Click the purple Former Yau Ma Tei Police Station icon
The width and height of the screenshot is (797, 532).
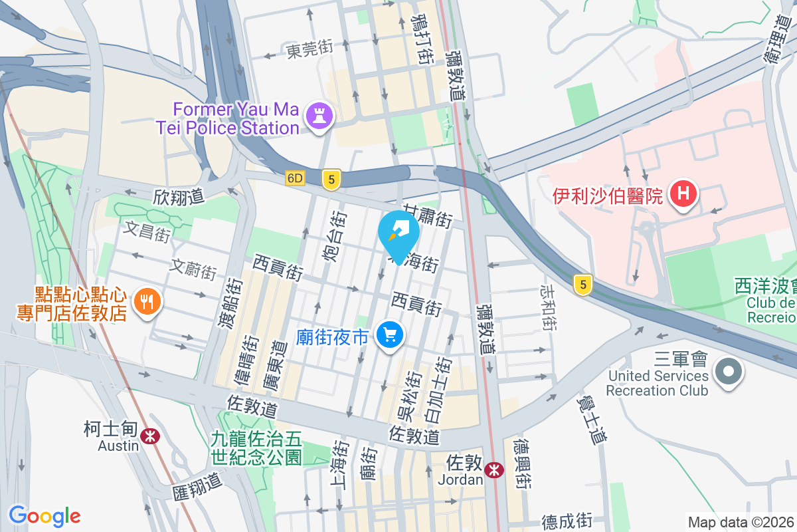[x=319, y=117]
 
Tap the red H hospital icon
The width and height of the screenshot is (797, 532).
[x=683, y=194]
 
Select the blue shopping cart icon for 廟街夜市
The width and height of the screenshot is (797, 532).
[x=390, y=334]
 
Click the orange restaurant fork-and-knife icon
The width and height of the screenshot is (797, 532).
[x=145, y=303]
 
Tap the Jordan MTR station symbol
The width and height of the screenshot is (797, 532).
[x=493, y=470]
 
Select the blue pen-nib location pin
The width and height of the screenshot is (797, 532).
[x=398, y=233]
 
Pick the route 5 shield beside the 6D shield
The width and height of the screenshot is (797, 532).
[x=331, y=179]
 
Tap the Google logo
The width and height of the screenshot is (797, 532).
[x=44, y=516]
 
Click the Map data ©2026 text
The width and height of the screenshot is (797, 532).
[x=740, y=522]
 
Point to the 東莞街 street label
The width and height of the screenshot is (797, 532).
[x=310, y=50]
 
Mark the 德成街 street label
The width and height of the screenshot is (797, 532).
[x=567, y=521]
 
